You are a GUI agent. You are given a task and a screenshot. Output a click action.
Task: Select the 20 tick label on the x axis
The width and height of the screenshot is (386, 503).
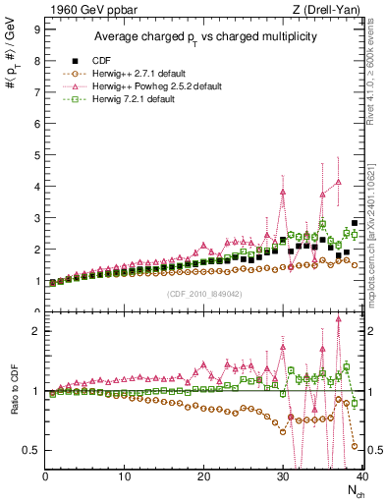click(203, 476)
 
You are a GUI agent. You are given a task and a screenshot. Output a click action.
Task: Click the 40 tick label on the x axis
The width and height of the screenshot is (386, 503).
click(360, 476)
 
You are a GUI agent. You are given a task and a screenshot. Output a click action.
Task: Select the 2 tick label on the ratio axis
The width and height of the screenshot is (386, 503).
click(35, 331)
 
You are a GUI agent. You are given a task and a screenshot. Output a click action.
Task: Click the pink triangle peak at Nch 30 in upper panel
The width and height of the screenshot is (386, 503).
click(283, 192)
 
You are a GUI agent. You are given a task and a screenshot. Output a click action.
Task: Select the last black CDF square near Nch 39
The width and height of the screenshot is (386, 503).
click(355, 224)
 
